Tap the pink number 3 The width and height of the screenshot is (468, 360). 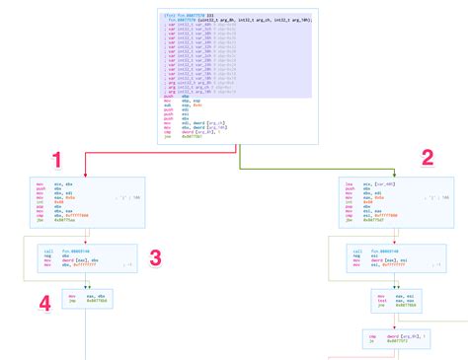155,258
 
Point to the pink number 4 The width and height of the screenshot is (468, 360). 45,304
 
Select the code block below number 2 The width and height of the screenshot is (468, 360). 394,203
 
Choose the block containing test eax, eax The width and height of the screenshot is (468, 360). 394,300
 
